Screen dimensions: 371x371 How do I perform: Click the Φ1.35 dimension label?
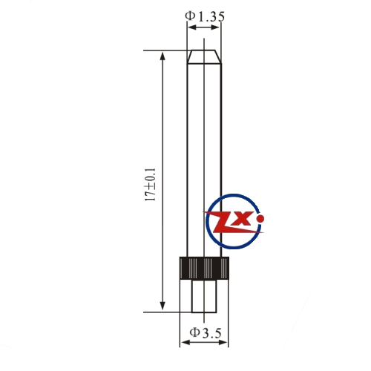(x=205, y=16)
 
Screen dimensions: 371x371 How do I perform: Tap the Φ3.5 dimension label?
(x=206, y=333)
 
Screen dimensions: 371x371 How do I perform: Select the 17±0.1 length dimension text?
(x=151, y=185)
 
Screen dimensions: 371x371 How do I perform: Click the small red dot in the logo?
(x=260, y=218)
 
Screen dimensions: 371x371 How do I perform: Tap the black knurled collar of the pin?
(x=204, y=268)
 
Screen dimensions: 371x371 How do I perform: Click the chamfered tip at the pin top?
(x=204, y=56)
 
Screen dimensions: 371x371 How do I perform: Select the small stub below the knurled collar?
(x=204, y=296)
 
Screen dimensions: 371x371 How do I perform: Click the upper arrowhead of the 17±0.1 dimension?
(x=162, y=56)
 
